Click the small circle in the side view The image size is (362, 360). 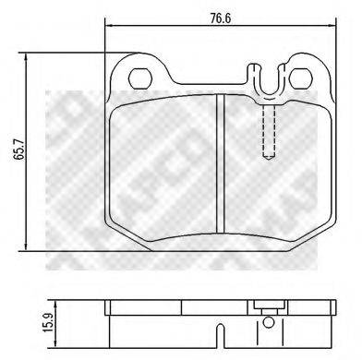coord(269,325)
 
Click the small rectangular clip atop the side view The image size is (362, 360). coord(269,308)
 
